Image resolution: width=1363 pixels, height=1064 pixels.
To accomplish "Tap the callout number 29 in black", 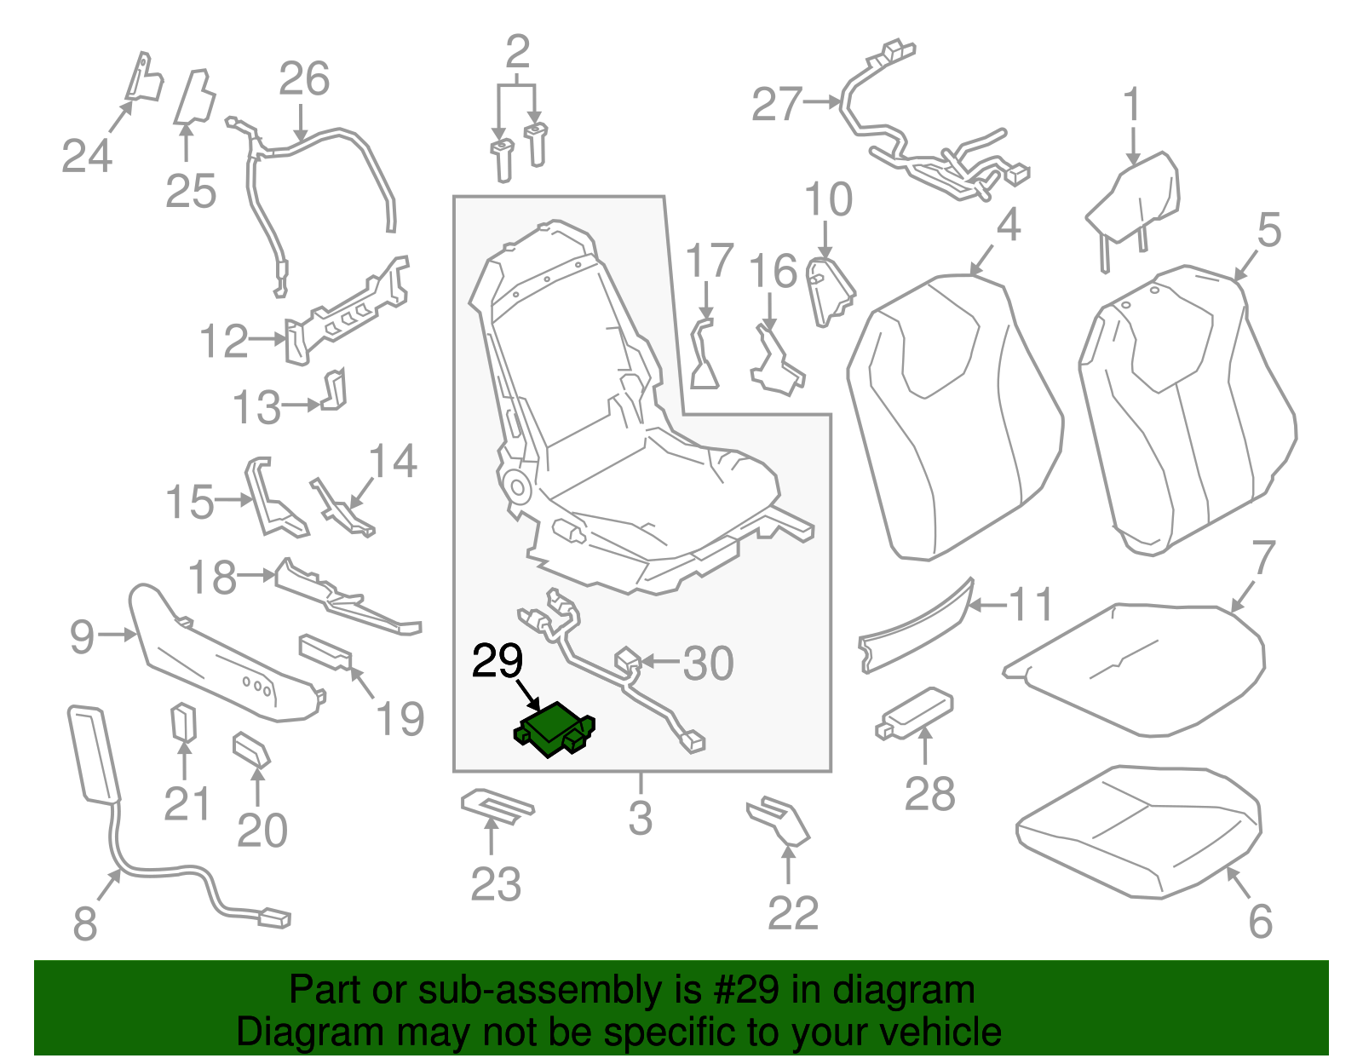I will (497, 662).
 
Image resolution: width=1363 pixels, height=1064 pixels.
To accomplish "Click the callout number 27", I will (776, 105).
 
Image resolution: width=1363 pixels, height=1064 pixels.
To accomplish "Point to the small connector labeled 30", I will (628, 659).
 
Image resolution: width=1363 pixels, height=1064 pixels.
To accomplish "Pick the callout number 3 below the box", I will (641, 817).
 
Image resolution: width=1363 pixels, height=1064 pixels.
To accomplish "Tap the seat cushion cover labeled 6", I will (1137, 831).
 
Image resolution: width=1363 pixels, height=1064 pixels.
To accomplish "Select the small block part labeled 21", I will (183, 722).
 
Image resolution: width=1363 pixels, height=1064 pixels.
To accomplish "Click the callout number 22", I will (792, 913).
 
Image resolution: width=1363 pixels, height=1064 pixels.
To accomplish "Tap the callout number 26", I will (304, 79).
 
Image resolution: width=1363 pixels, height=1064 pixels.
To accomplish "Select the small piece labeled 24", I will (143, 78).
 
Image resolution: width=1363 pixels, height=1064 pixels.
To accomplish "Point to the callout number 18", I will (211, 578).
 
